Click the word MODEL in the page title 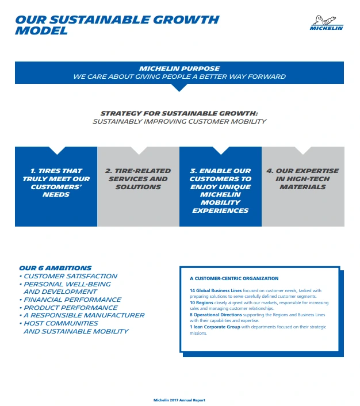(41, 30)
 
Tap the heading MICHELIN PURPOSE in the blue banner (179, 68)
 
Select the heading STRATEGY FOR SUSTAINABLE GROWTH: (179, 113)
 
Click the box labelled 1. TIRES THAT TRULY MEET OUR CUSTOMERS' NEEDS (56, 183)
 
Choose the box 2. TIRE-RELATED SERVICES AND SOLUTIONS (138, 179)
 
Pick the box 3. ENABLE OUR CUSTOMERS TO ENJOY (220, 190)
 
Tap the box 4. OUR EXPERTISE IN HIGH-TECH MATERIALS (303, 179)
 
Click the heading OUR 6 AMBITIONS (55, 268)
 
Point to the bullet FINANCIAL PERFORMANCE (72, 300)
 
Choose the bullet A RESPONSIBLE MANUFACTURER (84, 315)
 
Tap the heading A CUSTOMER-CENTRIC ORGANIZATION (234, 278)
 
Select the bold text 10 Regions (201, 302)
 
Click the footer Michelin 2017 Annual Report (179, 400)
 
